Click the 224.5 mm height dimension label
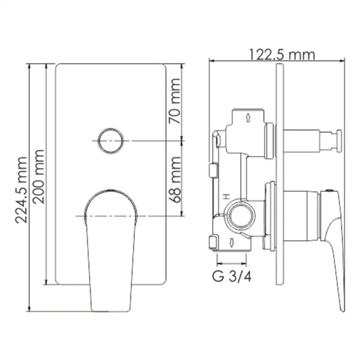pyautogui.click(x=21, y=189)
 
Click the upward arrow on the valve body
pyautogui.click(x=248, y=117)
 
